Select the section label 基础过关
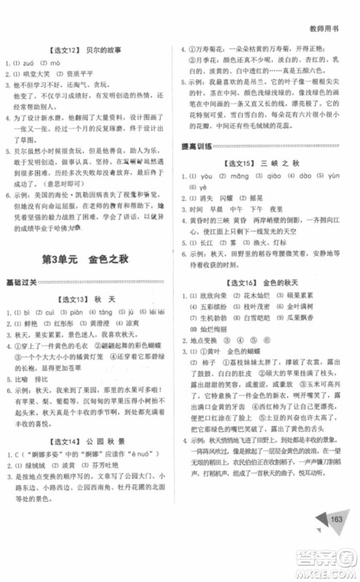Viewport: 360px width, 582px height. click(x=25, y=282)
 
